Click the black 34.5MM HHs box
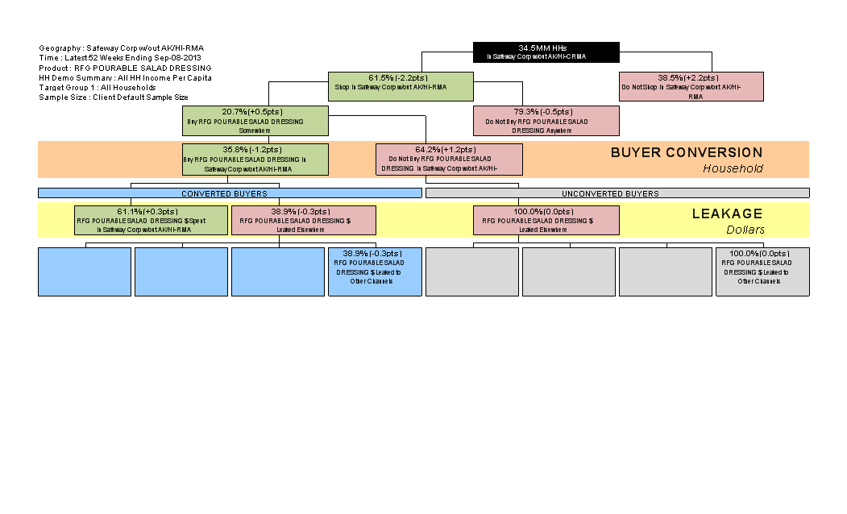coord(546,52)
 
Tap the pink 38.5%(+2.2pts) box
coord(691,86)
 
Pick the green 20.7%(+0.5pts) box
coord(255,120)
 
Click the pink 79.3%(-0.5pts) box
coord(546,120)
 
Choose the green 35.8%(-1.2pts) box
coord(255,159)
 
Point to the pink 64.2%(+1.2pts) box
coord(449,159)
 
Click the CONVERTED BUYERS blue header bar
coord(230,193)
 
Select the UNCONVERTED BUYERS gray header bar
coord(617,193)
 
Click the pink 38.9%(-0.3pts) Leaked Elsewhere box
coord(304,220)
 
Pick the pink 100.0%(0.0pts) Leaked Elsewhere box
coord(546,220)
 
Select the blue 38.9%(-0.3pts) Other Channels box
coord(375,272)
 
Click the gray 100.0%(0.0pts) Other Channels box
coord(762,272)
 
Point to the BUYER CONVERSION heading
coord(686,152)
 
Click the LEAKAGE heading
coord(727,214)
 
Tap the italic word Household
coord(733,168)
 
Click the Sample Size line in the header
coord(114,97)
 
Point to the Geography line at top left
coord(121,48)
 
